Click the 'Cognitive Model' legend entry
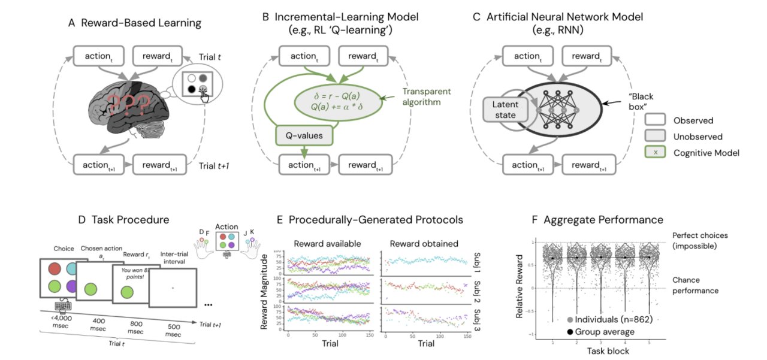[704, 153]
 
